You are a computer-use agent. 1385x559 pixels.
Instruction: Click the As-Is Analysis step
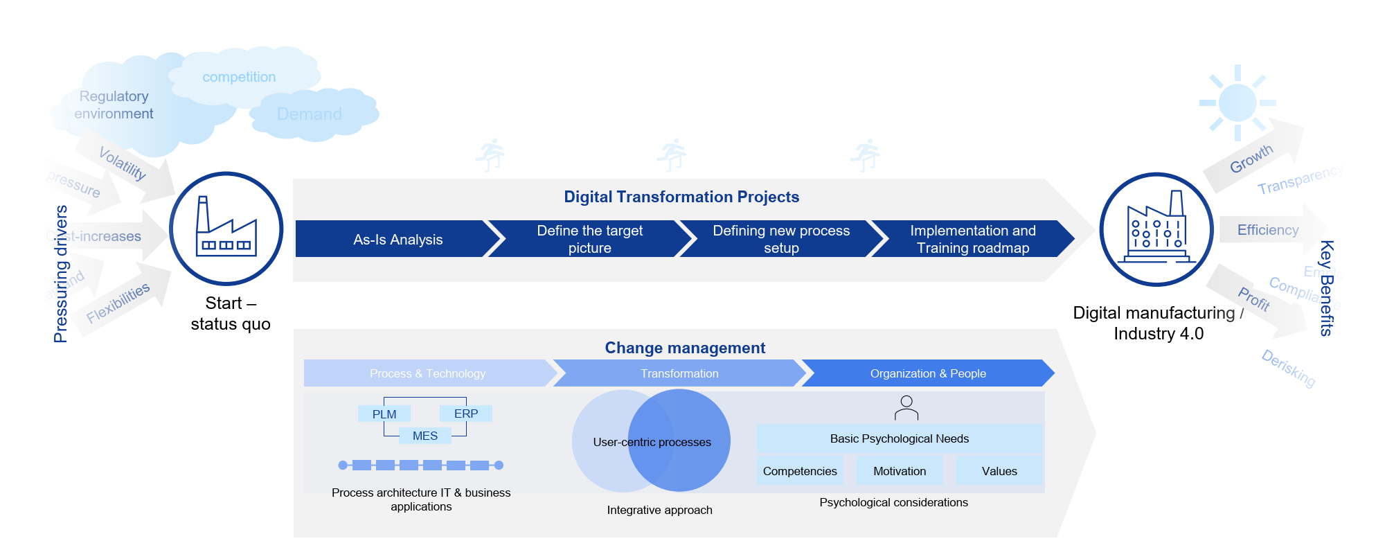[397, 239]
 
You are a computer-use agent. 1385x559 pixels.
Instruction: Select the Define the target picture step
[589, 239]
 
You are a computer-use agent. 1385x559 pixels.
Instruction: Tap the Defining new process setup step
[781, 239]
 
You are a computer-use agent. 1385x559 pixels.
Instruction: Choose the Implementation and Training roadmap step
[972, 239]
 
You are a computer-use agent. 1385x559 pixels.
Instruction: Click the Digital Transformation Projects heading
[681, 197]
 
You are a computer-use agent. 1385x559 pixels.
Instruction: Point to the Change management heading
[685, 348]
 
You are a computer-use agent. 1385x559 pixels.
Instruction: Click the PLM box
[384, 414]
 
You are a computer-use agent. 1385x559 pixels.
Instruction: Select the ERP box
[466, 414]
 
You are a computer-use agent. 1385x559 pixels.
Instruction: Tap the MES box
[425, 436]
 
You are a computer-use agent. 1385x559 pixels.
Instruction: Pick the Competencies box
[800, 471]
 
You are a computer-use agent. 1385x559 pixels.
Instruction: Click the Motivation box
[900, 471]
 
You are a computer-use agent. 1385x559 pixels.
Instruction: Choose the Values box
[999, 471]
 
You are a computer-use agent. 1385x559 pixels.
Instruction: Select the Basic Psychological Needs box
[900, 438]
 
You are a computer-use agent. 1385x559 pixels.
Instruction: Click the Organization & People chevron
[928, 373]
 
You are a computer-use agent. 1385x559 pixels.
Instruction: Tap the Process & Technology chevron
[427, 373]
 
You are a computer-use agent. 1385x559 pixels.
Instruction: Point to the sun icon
[1237, 103]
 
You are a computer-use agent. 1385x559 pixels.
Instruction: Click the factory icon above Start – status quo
[226, 228]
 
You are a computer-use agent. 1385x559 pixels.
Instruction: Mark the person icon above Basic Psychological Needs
[906, 408]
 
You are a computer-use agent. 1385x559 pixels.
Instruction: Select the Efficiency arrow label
[1268, 230]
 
